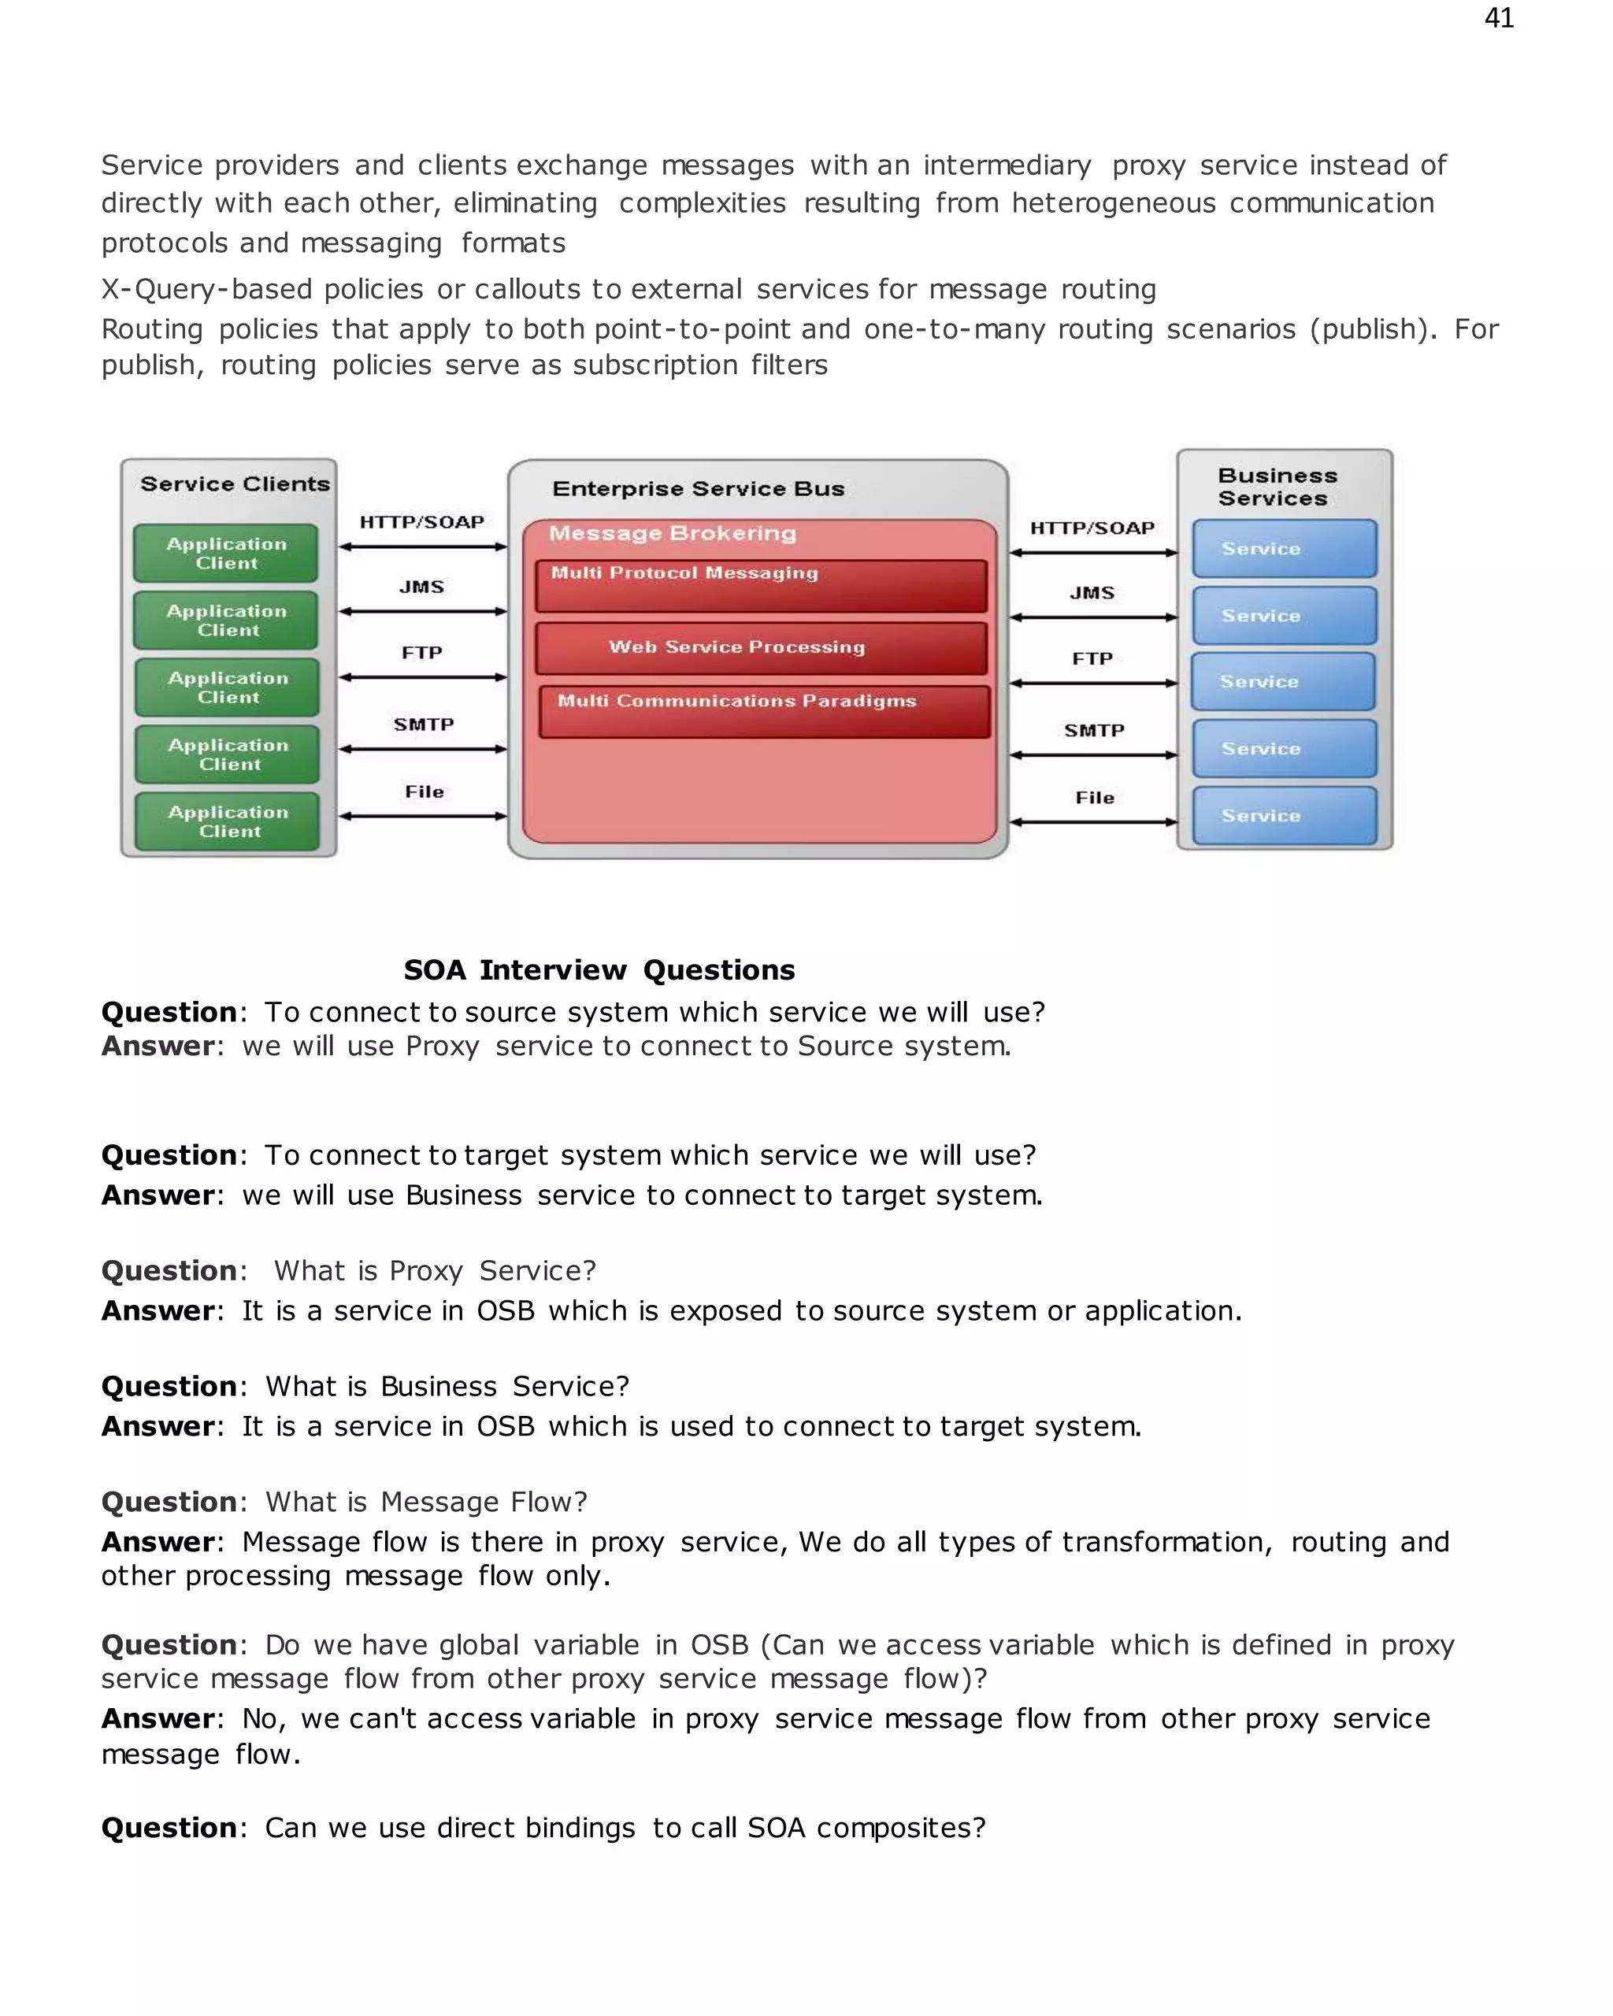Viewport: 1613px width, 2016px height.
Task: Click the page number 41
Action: [x=1498, y=18]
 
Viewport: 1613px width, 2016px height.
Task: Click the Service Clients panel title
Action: [x=235, y=484]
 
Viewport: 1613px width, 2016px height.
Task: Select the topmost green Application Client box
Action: [x=226, y=553]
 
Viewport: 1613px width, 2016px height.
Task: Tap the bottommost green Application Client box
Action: [x=228, y=821]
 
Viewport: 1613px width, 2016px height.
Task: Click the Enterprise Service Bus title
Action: [x=698, y=488]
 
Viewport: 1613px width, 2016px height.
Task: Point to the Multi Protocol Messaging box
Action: [x=760, y=585]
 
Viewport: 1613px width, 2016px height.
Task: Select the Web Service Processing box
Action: [x=760, y=647]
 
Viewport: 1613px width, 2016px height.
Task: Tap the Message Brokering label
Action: [x=673, y=533]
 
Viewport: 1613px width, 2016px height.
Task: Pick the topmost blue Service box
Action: [x=1284, y=549]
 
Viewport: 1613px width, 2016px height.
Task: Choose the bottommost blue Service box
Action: [x=1284, y=815]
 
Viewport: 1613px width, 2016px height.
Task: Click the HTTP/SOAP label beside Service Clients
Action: [x=421, y=522]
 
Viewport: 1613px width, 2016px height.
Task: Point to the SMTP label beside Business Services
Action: [x=1093, y=730]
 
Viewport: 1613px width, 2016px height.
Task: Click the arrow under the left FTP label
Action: [x=423, y=677]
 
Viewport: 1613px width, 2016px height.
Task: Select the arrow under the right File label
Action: [x=1093, y=822]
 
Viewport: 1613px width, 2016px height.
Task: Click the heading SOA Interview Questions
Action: [x=599, y=969]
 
